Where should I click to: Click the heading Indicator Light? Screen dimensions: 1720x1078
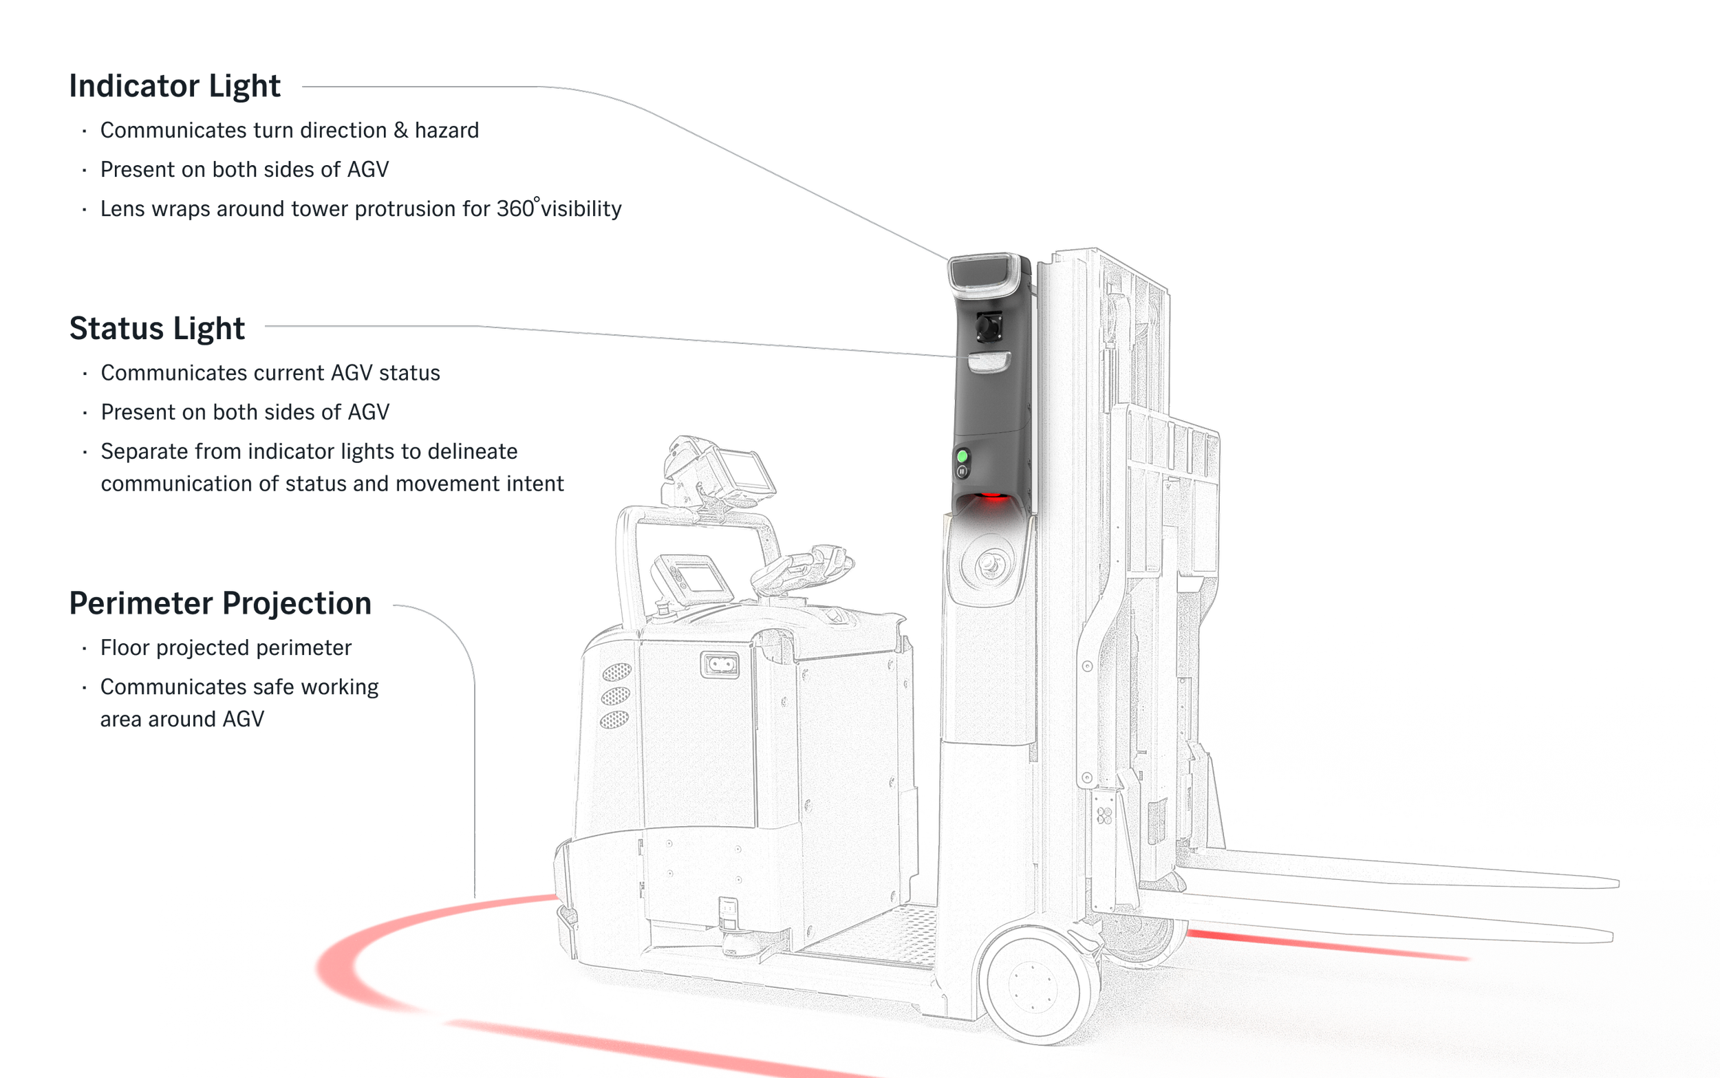tap(175, 86)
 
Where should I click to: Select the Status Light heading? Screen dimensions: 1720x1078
tap(156, 328)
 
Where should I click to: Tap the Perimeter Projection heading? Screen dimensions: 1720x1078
tap(220, 604)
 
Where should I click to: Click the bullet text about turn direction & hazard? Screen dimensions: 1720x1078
tap(290, 131)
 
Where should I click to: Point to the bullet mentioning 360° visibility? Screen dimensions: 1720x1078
tap(361, 209)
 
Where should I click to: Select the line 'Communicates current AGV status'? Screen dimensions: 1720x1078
tap(271, 373)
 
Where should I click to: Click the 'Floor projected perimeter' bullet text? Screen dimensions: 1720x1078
tap(226, 648)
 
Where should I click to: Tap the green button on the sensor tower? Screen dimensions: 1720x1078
tap(962, 455)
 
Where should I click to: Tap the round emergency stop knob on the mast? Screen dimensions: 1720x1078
tap(988, 564)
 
